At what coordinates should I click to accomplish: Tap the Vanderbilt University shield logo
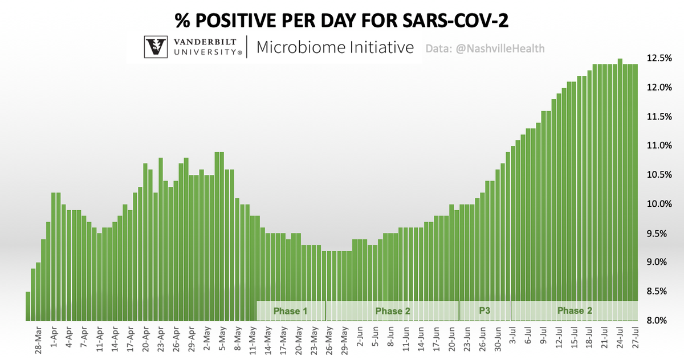[156, 47]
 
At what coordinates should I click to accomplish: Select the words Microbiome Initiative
[335, 47]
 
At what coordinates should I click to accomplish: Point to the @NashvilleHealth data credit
[485, 49]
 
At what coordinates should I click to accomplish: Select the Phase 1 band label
[290, 311]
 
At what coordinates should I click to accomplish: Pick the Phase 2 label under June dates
[392, 311]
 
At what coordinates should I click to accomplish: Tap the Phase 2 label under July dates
[574, 311]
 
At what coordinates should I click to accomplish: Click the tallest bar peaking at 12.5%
[620, 188]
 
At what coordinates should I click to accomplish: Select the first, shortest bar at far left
[28, 306]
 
